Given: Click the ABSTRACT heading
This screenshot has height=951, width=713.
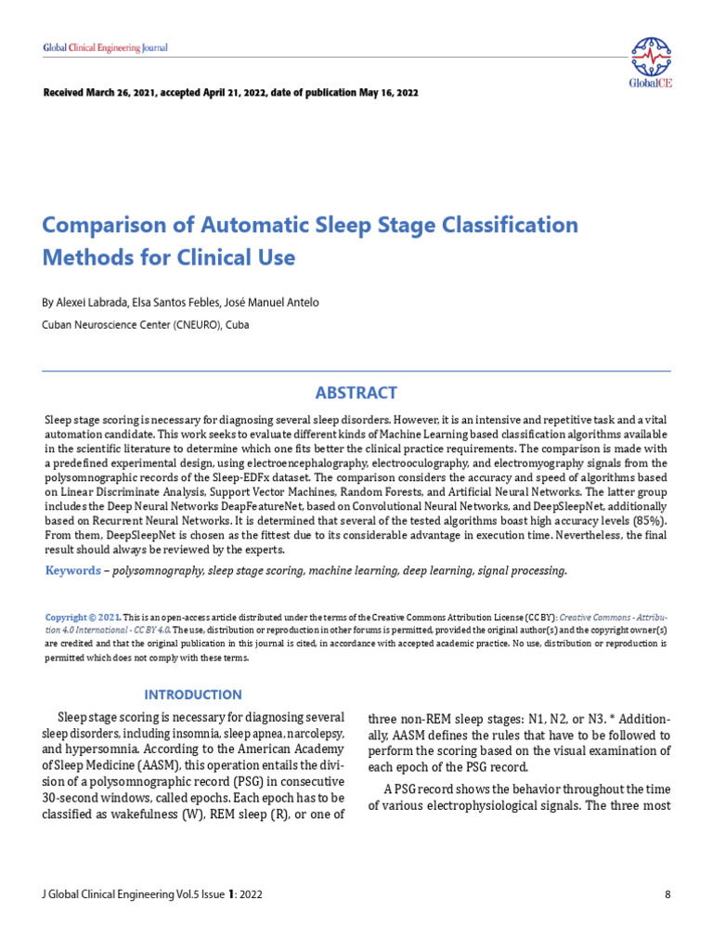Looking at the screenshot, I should pos(356,393).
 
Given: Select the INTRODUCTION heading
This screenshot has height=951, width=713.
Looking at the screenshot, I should pos(193,694).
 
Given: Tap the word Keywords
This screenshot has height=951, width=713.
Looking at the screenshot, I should pos(73,570).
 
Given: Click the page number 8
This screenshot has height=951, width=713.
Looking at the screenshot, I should pos(668,894).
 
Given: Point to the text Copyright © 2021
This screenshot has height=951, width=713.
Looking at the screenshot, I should pos(83,618).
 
